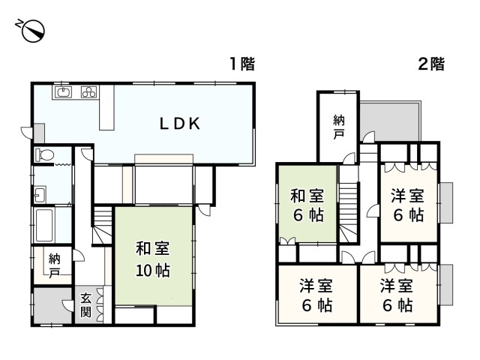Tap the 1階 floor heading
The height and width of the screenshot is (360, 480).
[241, 64]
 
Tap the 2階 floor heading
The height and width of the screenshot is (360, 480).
[430, 64]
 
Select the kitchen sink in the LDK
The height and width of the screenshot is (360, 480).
[62, 93]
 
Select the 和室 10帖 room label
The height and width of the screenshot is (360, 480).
[152, 259]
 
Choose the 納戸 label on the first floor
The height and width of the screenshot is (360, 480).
[54, 264]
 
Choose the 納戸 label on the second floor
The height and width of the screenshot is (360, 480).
[339, 125]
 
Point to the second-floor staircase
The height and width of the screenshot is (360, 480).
[348, 203]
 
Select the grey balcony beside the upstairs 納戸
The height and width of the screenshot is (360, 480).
[390, 120]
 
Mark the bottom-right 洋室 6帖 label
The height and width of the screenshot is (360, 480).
[395, 295]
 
